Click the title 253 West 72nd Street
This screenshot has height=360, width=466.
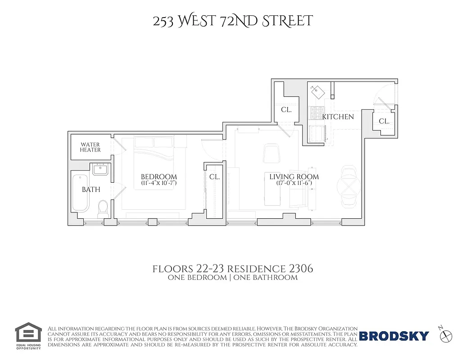pyautogui.click(x=232, y=21)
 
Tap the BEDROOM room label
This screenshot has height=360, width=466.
pyautogui.click(x=159, y=177)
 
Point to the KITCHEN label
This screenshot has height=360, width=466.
pyautogui.click(x=338, y=117)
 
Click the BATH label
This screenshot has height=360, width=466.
pyautogui.click(x=91, y=190)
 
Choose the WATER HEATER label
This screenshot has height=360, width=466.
pyautogui.click(x=90, y=147)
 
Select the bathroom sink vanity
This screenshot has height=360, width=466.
pyautogui.click(x=100, y=169)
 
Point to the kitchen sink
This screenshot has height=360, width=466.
pyautogui.click(x=319, y=92)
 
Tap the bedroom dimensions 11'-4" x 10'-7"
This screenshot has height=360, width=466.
pyautogui.click(x=159, y=184)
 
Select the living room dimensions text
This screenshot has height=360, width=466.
pyautogui.click(x=294, y=184)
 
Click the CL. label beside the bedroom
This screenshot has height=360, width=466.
pyautogui.click(x=214, y=177)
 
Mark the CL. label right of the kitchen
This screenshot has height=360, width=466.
pyautogui.click(x=384, y=121)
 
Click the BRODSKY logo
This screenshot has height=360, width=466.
pyautogui.click(x=394, y=336)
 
